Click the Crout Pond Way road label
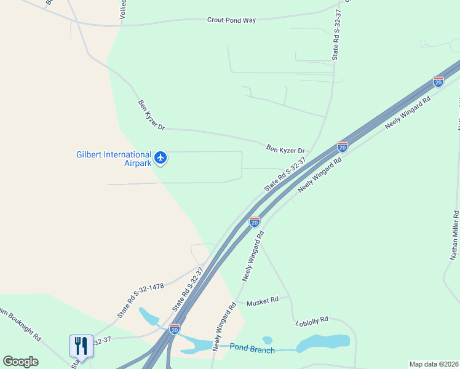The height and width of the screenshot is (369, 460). click(231, 20)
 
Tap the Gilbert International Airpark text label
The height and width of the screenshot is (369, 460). click(113, 159)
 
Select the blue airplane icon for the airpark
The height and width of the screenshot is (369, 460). click(161, 158)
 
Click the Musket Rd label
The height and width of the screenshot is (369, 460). click(263, 302)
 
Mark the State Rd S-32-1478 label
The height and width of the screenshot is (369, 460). click(140, 301)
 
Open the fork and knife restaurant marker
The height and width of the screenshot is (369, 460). click(81, 346)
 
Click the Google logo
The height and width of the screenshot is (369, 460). click(20, 362)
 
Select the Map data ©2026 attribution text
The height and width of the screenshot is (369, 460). click(434, 364)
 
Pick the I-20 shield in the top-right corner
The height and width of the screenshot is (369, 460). click(438, 81)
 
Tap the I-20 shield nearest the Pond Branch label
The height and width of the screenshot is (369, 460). click(175, 328)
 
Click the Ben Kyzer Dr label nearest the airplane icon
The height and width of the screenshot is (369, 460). click(151, 115)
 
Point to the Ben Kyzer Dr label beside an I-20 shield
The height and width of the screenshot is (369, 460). click(285, 149)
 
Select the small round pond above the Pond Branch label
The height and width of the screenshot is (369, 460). click(267, 339)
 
